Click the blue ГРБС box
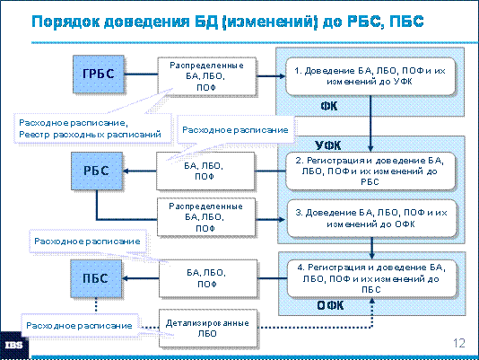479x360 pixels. tap(99, 74)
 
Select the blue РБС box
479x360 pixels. tap(97, 171)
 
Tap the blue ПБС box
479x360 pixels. tap(96, 278)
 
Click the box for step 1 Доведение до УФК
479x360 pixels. tap(370, 76)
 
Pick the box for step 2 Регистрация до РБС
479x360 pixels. tap(370, 171)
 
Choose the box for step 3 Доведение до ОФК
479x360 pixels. tap(371, 218)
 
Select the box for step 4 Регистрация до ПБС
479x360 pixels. tap(371, 278)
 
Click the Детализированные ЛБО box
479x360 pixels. tap(208, 329)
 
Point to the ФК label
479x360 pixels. tap(328, 106)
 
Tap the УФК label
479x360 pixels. tap(327, 145)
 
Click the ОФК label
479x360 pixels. tap(330, 305)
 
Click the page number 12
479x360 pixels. tap(459, 343)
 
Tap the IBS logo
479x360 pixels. tap(14, 346)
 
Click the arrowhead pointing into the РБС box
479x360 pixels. tap(126, 171)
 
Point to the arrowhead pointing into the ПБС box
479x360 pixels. tap(126, 278)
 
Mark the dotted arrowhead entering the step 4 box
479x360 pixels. tap(372, 301)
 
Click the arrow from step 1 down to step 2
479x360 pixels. tap(370, 124)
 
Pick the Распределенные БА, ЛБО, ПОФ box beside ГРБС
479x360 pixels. tap(207, 76)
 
